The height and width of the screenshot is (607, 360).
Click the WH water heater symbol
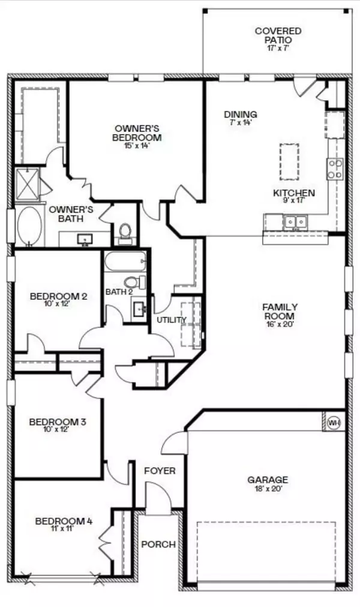pos(334,422)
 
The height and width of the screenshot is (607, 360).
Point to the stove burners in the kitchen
pos(335,169)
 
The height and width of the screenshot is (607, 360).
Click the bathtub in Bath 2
pos(125,262)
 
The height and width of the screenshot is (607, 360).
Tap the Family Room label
pos(280,312)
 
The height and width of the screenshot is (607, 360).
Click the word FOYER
pos(160,471)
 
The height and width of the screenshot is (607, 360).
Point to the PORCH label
pos(158,545)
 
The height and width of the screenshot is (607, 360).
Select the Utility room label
pos(172,320)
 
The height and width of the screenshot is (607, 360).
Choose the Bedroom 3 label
pos(58,422)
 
